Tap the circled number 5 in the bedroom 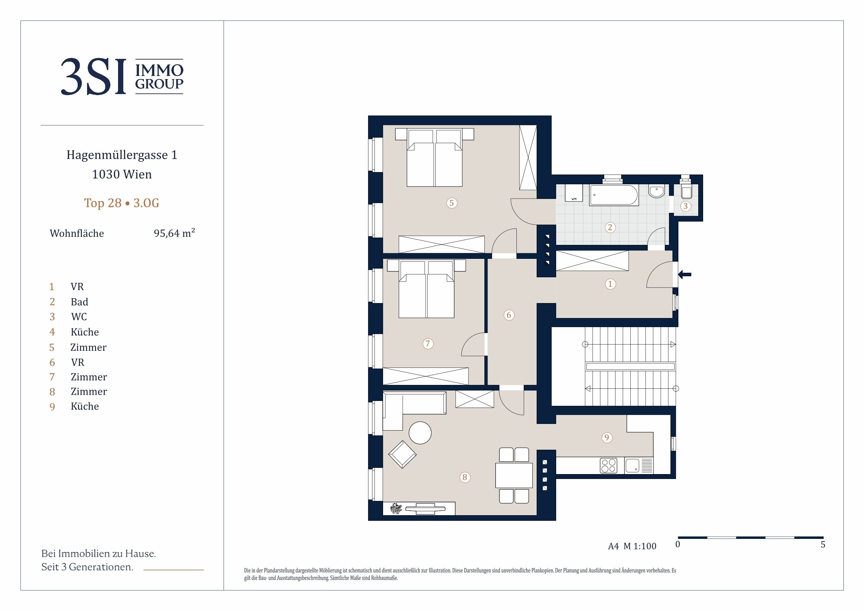pos(452,203)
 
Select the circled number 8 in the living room pos(465,477)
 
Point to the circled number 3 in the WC pos(685,206)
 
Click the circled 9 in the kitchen pos(607,438)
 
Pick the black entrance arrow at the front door pos(685,274)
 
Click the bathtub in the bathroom pos(614,195)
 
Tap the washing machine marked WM pos(574,193)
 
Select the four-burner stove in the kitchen pos(608,466)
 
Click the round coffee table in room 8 pos(420,433)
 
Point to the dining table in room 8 pos(514,475)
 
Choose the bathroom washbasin pos(657,191)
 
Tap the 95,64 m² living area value pos(174,233)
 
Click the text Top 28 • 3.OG pos(122,203)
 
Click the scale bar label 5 pos(823,544)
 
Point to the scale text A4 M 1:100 pos(632,546)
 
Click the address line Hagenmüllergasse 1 pos(122,155)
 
